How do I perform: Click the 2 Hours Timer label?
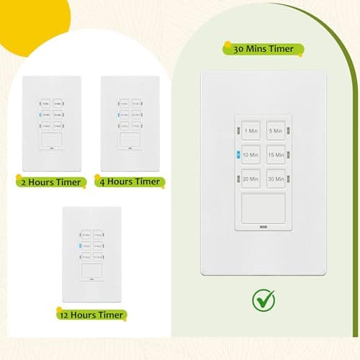(48, 181)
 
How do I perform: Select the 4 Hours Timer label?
(127, 181)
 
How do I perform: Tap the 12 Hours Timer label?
(91, 314)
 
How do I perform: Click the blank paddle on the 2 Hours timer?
(48, 139)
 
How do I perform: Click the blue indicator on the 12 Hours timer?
(81, 246)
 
